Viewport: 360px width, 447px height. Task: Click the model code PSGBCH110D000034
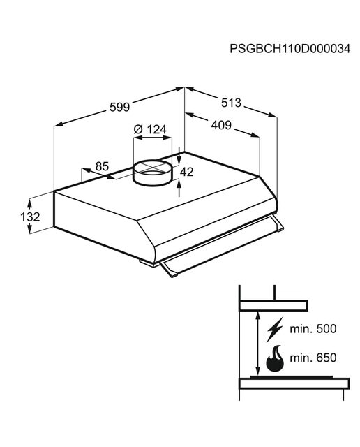(290, 49)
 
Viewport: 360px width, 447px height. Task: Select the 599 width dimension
(119, 107)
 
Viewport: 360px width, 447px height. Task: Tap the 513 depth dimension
(231, 103)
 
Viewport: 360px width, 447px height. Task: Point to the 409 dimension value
(221, 125)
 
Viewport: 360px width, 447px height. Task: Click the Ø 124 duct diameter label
(150, 129)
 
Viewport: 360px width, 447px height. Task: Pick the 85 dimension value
(102, 166)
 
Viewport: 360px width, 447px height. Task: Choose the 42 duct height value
(186, 172)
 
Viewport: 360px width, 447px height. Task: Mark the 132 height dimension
(30, 217)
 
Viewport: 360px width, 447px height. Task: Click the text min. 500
(313, 329)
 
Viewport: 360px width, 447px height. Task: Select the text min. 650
(313, 358)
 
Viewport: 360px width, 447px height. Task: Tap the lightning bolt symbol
(275, 329)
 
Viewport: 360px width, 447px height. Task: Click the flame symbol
(275, 359)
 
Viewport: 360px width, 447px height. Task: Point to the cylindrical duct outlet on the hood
(153, 173)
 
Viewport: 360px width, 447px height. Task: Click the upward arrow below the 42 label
(179, 188)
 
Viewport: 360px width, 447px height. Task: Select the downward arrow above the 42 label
(179, 156)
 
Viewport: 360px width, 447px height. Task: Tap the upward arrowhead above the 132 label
(29, 204)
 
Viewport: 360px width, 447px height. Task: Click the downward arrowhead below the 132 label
(29, 229)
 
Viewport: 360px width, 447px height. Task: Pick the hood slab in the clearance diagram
(273, 306)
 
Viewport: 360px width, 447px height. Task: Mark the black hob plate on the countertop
(291, 377)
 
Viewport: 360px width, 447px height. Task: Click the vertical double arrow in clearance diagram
(257, 344)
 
